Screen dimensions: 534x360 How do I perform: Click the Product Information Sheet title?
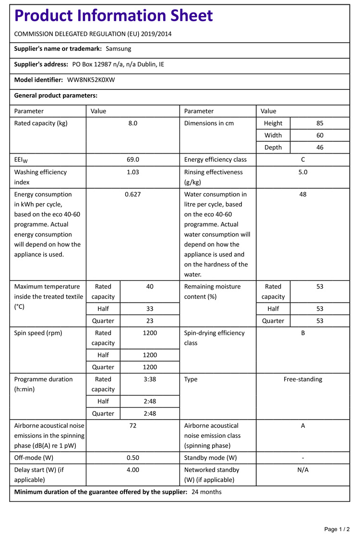tap(114, 16)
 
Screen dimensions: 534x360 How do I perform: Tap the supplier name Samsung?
tap(118, 49)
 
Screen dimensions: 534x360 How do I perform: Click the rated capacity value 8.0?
tap(133, 123)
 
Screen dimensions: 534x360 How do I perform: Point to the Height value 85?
tap(320, 123)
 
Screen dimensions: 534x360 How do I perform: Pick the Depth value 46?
tap(320, 147)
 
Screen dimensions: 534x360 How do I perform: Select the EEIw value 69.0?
tap(133, 160)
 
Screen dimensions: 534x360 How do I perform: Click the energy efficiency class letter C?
tap(303, 160)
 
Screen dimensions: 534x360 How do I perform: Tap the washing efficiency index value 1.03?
tap(133, 172)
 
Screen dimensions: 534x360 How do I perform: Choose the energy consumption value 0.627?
tap(133, 194)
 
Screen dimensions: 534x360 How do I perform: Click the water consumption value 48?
tap(303, 194)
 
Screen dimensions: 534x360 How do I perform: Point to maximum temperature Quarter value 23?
tap(150, 321)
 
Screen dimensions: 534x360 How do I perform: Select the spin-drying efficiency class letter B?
tap(303, 333)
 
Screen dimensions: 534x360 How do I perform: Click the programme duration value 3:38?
tap(150, 379)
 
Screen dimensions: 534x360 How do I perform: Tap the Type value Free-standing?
tap(303, 379)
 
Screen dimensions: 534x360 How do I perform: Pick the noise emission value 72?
tap(133, 425)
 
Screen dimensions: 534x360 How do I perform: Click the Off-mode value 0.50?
tap(133, 458)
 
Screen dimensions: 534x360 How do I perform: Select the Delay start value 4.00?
tap(133, 470)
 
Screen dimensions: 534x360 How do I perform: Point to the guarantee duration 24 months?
tap(206, 492)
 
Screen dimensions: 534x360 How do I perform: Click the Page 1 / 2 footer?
tap(337, 529)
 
